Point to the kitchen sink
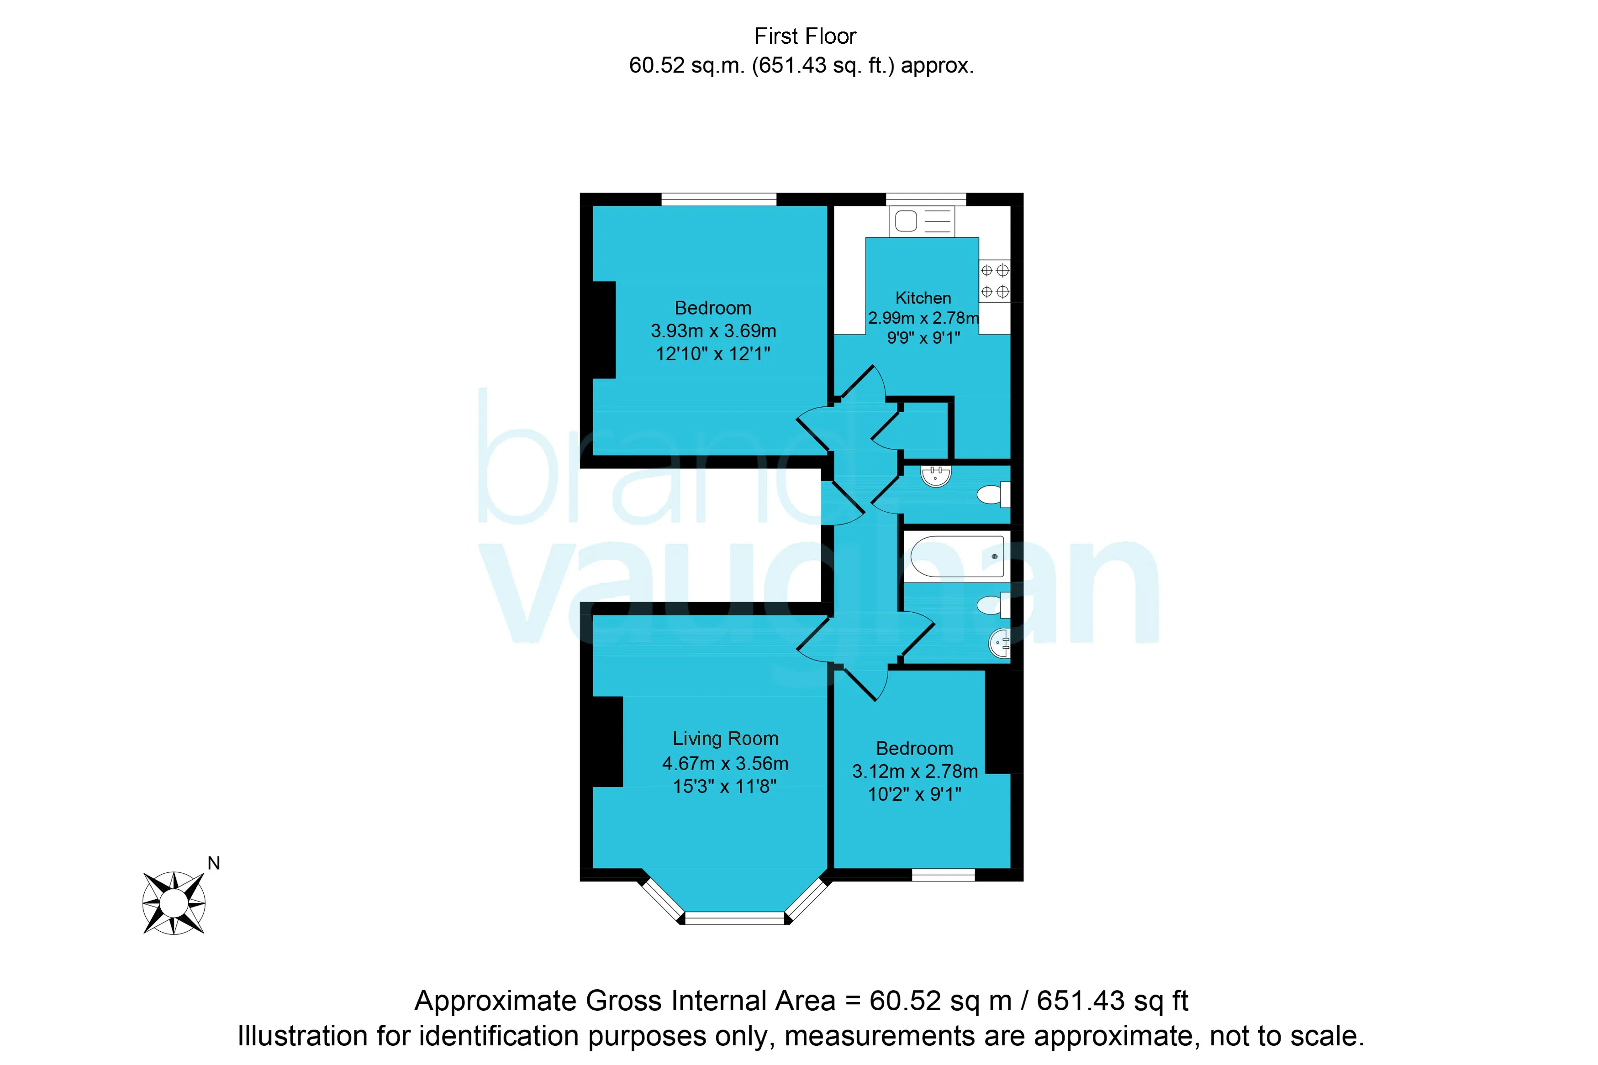point(922,221)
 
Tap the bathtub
point(957,556)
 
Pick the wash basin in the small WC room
point(936,475)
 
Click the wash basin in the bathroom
point(1000,643)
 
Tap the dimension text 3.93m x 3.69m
point(713,331)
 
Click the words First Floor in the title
point(805,36)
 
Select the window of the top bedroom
point(719,199)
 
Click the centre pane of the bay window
point(734,918)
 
